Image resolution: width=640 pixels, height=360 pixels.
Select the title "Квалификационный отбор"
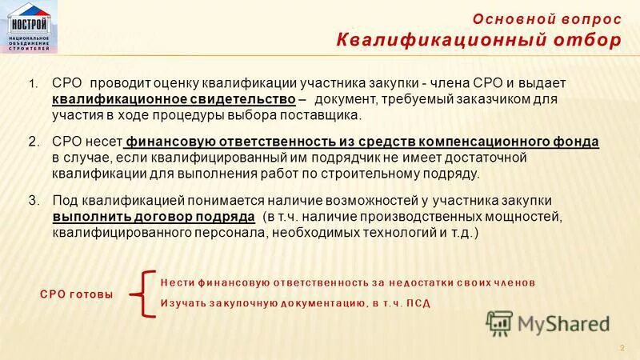click(x=478, y=41)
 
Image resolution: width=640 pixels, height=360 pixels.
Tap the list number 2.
click(x=34, y=142)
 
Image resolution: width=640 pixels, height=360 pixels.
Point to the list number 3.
click(x=34, y=200)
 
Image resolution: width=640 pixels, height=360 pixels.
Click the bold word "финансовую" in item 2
click(x=165, y=142)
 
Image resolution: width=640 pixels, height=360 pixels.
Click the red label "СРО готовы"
click(x=77, y=294)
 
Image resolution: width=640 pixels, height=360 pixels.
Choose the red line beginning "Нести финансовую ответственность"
click(x=347, y=282)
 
